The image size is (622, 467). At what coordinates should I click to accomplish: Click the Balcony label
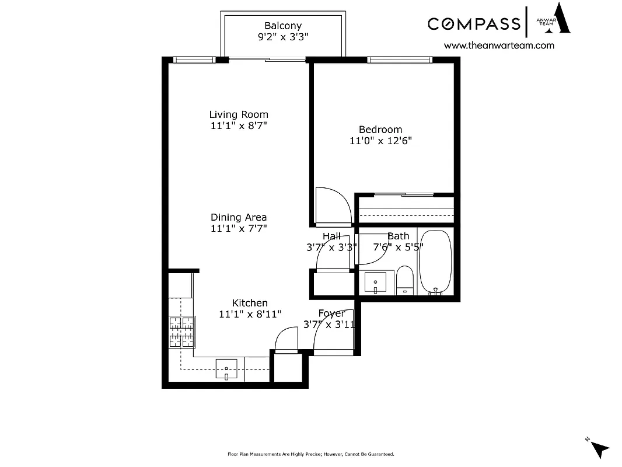point(283,26)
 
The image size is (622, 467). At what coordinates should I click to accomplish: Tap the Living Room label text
point(239,114)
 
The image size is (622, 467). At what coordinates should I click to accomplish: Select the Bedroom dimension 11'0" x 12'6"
point(380,141)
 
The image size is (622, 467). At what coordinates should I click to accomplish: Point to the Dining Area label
point(239,217)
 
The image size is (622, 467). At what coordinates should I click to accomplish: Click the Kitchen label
point(250,303)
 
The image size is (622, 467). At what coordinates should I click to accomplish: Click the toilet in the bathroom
point(404,280)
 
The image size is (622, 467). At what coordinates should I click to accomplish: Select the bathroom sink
point(375,283)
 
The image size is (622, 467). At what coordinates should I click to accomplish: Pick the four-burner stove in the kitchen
point(181,332)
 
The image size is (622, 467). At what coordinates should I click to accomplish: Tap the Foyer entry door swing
point(334,331)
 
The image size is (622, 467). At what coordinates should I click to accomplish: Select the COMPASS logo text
point(474,23)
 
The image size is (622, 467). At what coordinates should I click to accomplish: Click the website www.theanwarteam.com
point(499,45)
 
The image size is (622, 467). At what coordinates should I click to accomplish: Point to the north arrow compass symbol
point(599,448)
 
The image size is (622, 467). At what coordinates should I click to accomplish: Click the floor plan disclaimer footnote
point(310,454)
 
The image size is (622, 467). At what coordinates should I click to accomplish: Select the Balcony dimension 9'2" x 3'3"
point(283,37)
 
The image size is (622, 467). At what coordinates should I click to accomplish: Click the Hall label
point(331,236)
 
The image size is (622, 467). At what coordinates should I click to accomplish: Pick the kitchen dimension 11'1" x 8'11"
point(250,314)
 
